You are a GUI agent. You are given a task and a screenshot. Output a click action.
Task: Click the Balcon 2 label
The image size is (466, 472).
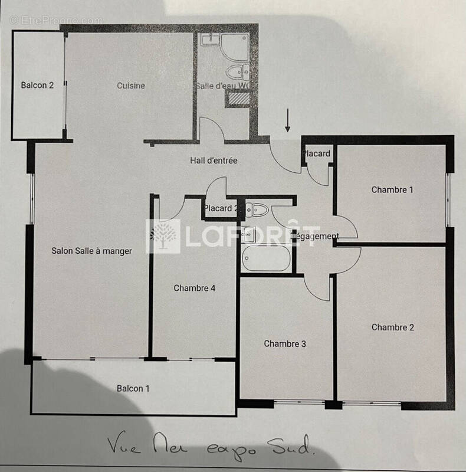click(37, 86)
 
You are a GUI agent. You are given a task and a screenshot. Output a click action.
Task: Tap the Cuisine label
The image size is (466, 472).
click(130, 86)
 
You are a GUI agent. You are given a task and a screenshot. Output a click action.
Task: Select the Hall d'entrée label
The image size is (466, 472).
click(214, 160)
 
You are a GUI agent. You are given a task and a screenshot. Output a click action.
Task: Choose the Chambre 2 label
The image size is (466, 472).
click(392, 327)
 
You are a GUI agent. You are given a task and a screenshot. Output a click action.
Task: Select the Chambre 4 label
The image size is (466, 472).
click(194, 289)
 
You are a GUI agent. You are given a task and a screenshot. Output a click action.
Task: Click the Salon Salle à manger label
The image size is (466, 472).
click(91, 251)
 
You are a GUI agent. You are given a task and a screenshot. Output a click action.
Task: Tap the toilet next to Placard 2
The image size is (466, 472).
click(257, 208)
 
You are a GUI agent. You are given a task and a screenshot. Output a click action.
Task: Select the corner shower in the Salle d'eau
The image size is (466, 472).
click(234, 45)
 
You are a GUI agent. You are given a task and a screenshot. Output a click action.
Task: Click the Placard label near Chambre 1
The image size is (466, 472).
click(316, 154)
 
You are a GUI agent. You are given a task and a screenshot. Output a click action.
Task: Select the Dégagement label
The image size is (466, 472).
click(315, 237)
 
